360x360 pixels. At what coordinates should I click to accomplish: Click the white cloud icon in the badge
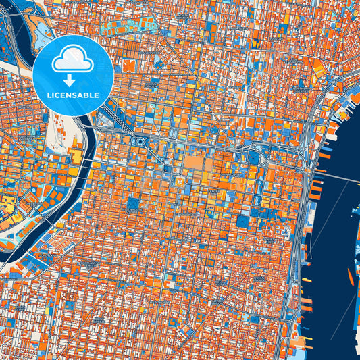(x=73, y=59)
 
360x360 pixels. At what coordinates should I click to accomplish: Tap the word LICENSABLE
(x=73, y=95)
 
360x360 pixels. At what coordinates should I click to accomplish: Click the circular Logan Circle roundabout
(x=140, y=142)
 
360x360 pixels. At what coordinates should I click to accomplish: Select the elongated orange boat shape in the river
(x=351, y=275)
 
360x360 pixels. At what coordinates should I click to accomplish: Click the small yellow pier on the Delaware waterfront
(x=307, y=280)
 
